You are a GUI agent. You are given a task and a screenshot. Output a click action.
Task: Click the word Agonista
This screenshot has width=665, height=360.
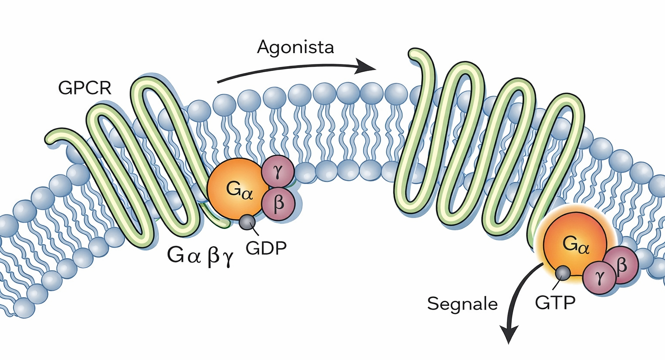tap(295, 47)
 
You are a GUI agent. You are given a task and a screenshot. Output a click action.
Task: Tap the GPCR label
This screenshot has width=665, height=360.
tap(84, 88)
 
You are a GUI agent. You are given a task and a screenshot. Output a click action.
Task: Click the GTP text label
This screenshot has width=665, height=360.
tap(555, 302)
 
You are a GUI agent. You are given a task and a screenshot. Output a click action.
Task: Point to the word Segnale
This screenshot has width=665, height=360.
tap(462, 303)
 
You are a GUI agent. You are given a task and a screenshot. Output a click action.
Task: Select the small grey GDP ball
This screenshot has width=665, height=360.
tap(247, 222)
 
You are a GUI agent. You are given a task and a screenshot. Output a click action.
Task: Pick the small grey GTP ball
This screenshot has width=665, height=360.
tap(563, 273)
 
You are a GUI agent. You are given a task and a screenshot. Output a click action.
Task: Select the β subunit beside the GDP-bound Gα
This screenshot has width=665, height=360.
tap(279, 202)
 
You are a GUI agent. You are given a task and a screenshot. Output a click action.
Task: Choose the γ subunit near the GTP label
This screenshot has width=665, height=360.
tap(600, 277)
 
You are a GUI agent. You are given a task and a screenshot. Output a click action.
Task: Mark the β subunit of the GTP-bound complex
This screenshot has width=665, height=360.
tap(621, 265)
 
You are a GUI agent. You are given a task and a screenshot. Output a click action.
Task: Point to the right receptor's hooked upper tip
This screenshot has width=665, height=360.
tap(416, 55)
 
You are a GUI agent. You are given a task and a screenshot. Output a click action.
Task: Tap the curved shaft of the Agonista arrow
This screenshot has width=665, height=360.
tap(287, 68)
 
